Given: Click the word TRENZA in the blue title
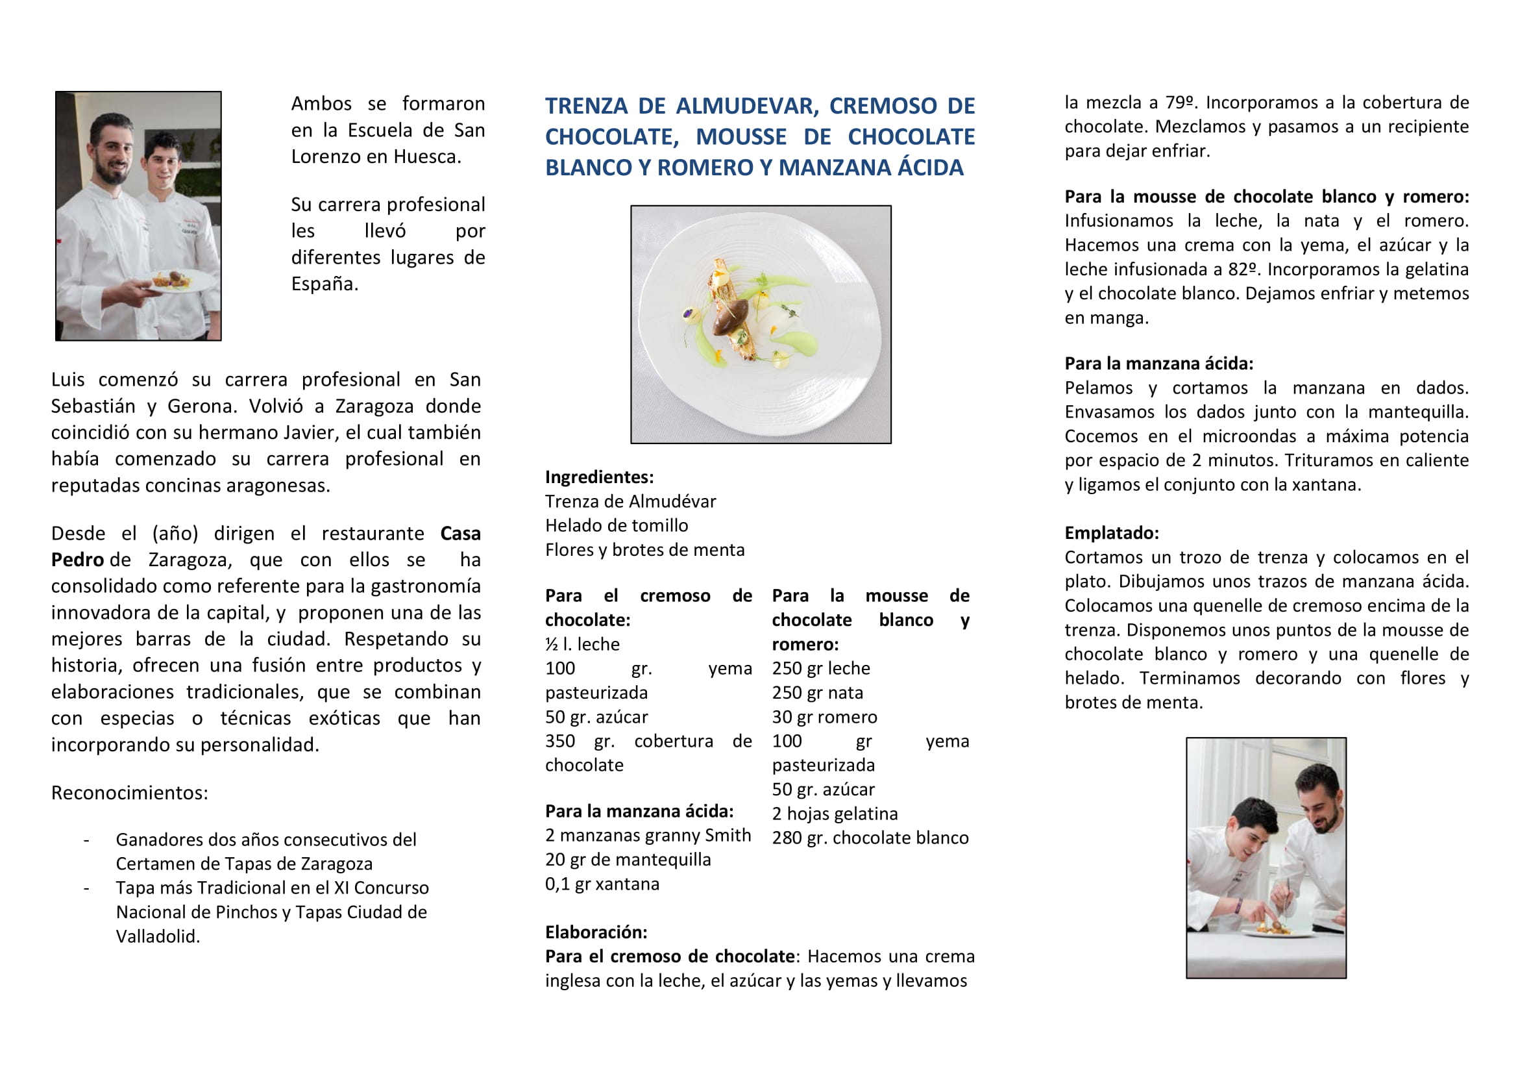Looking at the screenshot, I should click(x=586, y=106).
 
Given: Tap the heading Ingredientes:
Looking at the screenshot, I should click(x=599, y=477).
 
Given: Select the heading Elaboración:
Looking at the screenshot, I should click(x=596, y=932).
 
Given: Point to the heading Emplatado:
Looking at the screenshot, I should click(x=1111, y=533).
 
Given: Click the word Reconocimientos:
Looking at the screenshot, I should click(x=130, y=792).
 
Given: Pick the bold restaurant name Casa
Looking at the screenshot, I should click(x=460, y=533).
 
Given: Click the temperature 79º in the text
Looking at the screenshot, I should click(x=1180, y=103).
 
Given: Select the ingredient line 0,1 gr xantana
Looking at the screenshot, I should click(x=602, y=884).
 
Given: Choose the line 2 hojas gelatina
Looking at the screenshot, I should click(x=835, y=814).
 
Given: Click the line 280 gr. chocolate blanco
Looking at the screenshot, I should click(x=870, y=838).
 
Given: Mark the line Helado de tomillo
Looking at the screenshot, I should click(x=616, y=526).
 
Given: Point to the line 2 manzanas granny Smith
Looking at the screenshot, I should click(x=648, y=835).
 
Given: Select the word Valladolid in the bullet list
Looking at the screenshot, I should click(x=157, y=936).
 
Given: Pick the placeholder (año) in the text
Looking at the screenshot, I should click(x=175, y=533).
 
